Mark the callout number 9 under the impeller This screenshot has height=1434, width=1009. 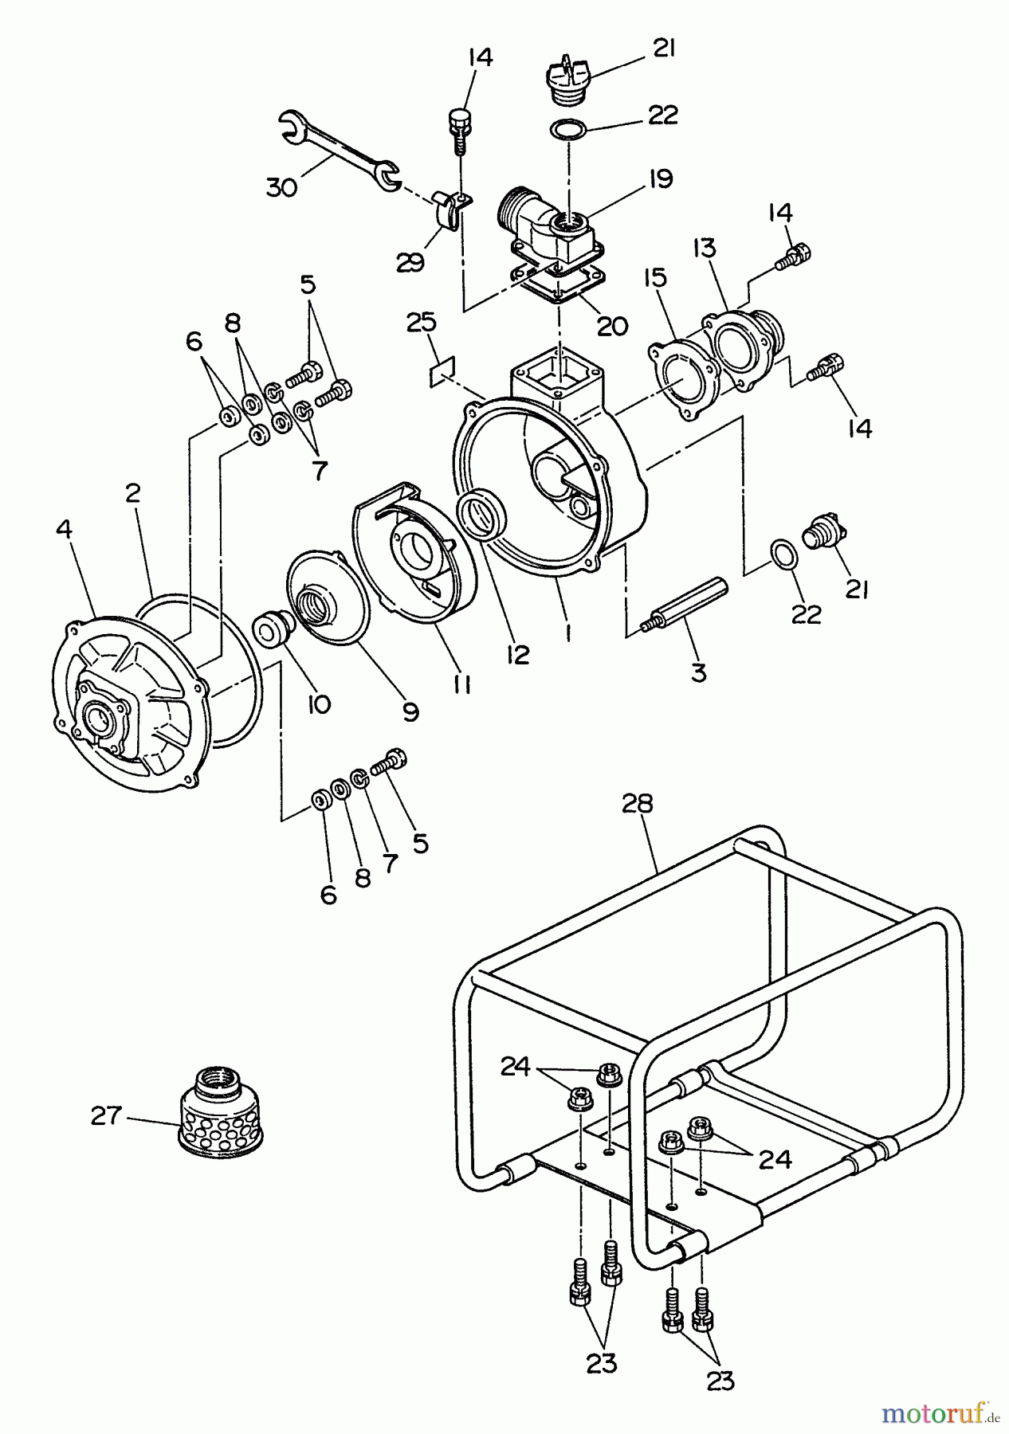(410, 711)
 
